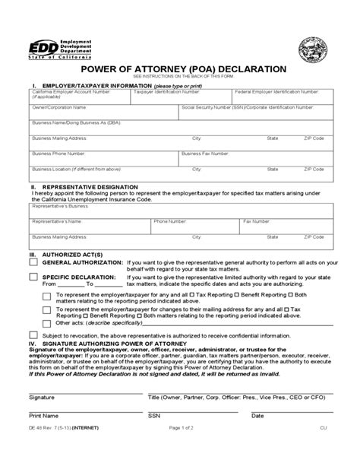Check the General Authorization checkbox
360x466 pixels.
click(33, 261)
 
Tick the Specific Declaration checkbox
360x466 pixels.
click(33, 278)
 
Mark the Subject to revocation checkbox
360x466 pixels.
click(33, 335)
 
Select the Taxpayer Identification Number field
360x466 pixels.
click(182, 97)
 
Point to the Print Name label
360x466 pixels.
click(43, 416)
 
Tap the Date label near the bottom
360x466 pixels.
click(257, 416)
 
